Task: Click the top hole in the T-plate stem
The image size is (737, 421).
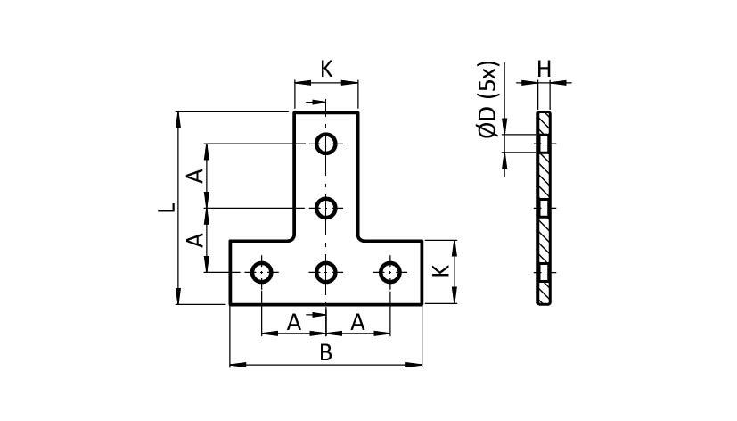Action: (x=327, y=143)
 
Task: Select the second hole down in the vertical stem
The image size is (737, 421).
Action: (x=327, y=208)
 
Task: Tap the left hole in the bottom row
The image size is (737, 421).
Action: (x=262, y=272)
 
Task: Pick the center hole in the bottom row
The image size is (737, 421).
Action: (x=327, y=272)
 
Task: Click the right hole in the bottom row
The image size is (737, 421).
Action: (x=390, y=272)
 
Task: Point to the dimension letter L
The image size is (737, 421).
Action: (x=165, y=208)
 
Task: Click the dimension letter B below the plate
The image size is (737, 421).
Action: (x=326, y=353)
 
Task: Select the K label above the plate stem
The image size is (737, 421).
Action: (x=326, y=69)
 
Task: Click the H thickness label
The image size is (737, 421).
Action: (x=544, y=67)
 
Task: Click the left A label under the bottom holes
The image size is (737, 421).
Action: (x=293, y=323)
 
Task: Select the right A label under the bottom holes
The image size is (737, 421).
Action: (x=358, y=323)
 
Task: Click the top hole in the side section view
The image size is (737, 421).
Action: (x=544, y=143)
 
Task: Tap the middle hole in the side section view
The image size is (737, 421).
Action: (x=544, y=208)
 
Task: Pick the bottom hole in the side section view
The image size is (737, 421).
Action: (x=544, y=272)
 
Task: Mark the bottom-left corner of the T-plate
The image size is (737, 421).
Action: (x=231, y=304)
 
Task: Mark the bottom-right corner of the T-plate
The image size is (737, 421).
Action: (x=422, y=304)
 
